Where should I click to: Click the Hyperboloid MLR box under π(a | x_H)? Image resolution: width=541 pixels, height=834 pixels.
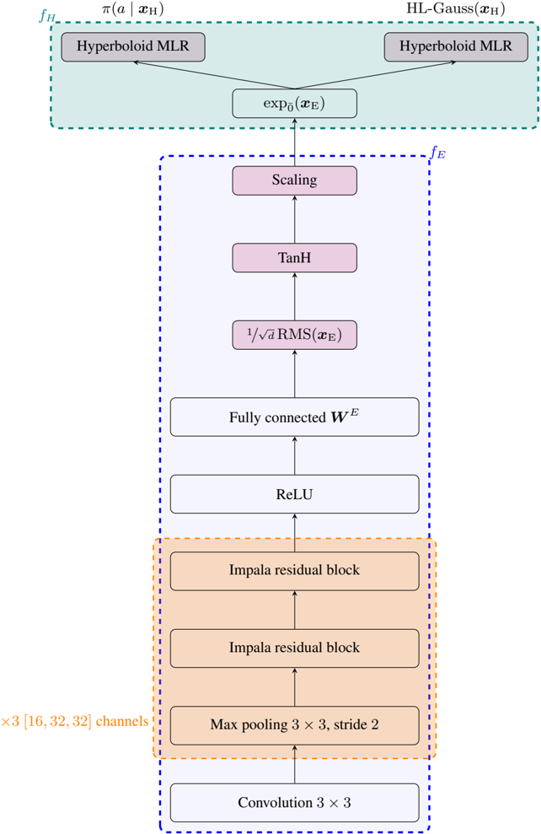coord(133,47)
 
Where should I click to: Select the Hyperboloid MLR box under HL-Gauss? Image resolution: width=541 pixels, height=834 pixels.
coord(456,47)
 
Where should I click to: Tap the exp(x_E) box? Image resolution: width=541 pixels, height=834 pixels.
coord(294,103)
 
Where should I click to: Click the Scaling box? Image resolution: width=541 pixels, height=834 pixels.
coord(294,180)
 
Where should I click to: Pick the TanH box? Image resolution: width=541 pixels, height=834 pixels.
coord(294,258)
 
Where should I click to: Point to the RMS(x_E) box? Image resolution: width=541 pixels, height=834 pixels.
coord(294,335)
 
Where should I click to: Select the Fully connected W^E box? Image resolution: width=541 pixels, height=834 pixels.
coord(294,417)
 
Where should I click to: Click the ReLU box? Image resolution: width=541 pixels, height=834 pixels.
coord(294,494)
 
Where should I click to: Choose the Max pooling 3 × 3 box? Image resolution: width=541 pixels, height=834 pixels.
coord(294,725)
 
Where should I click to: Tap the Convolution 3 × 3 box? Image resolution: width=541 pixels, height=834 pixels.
coord(294,803)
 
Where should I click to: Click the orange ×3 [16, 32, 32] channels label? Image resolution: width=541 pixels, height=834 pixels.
coord(75,722)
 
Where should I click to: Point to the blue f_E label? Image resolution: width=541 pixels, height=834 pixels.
coord(438,153)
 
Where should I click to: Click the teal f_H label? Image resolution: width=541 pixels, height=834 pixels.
coord(47,16)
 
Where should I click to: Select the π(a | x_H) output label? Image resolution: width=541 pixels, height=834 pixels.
coord(133,9)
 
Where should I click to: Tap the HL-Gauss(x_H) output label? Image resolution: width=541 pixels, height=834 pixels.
coord(456,9)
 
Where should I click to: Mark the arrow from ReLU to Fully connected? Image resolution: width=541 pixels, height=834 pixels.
coord(294,456)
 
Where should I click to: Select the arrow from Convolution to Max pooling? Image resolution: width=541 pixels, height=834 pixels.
coord(294,764)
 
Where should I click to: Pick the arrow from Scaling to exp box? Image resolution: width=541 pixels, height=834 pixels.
coord(294,142)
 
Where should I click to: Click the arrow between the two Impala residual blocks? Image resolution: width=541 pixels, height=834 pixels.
coord(294,610)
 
